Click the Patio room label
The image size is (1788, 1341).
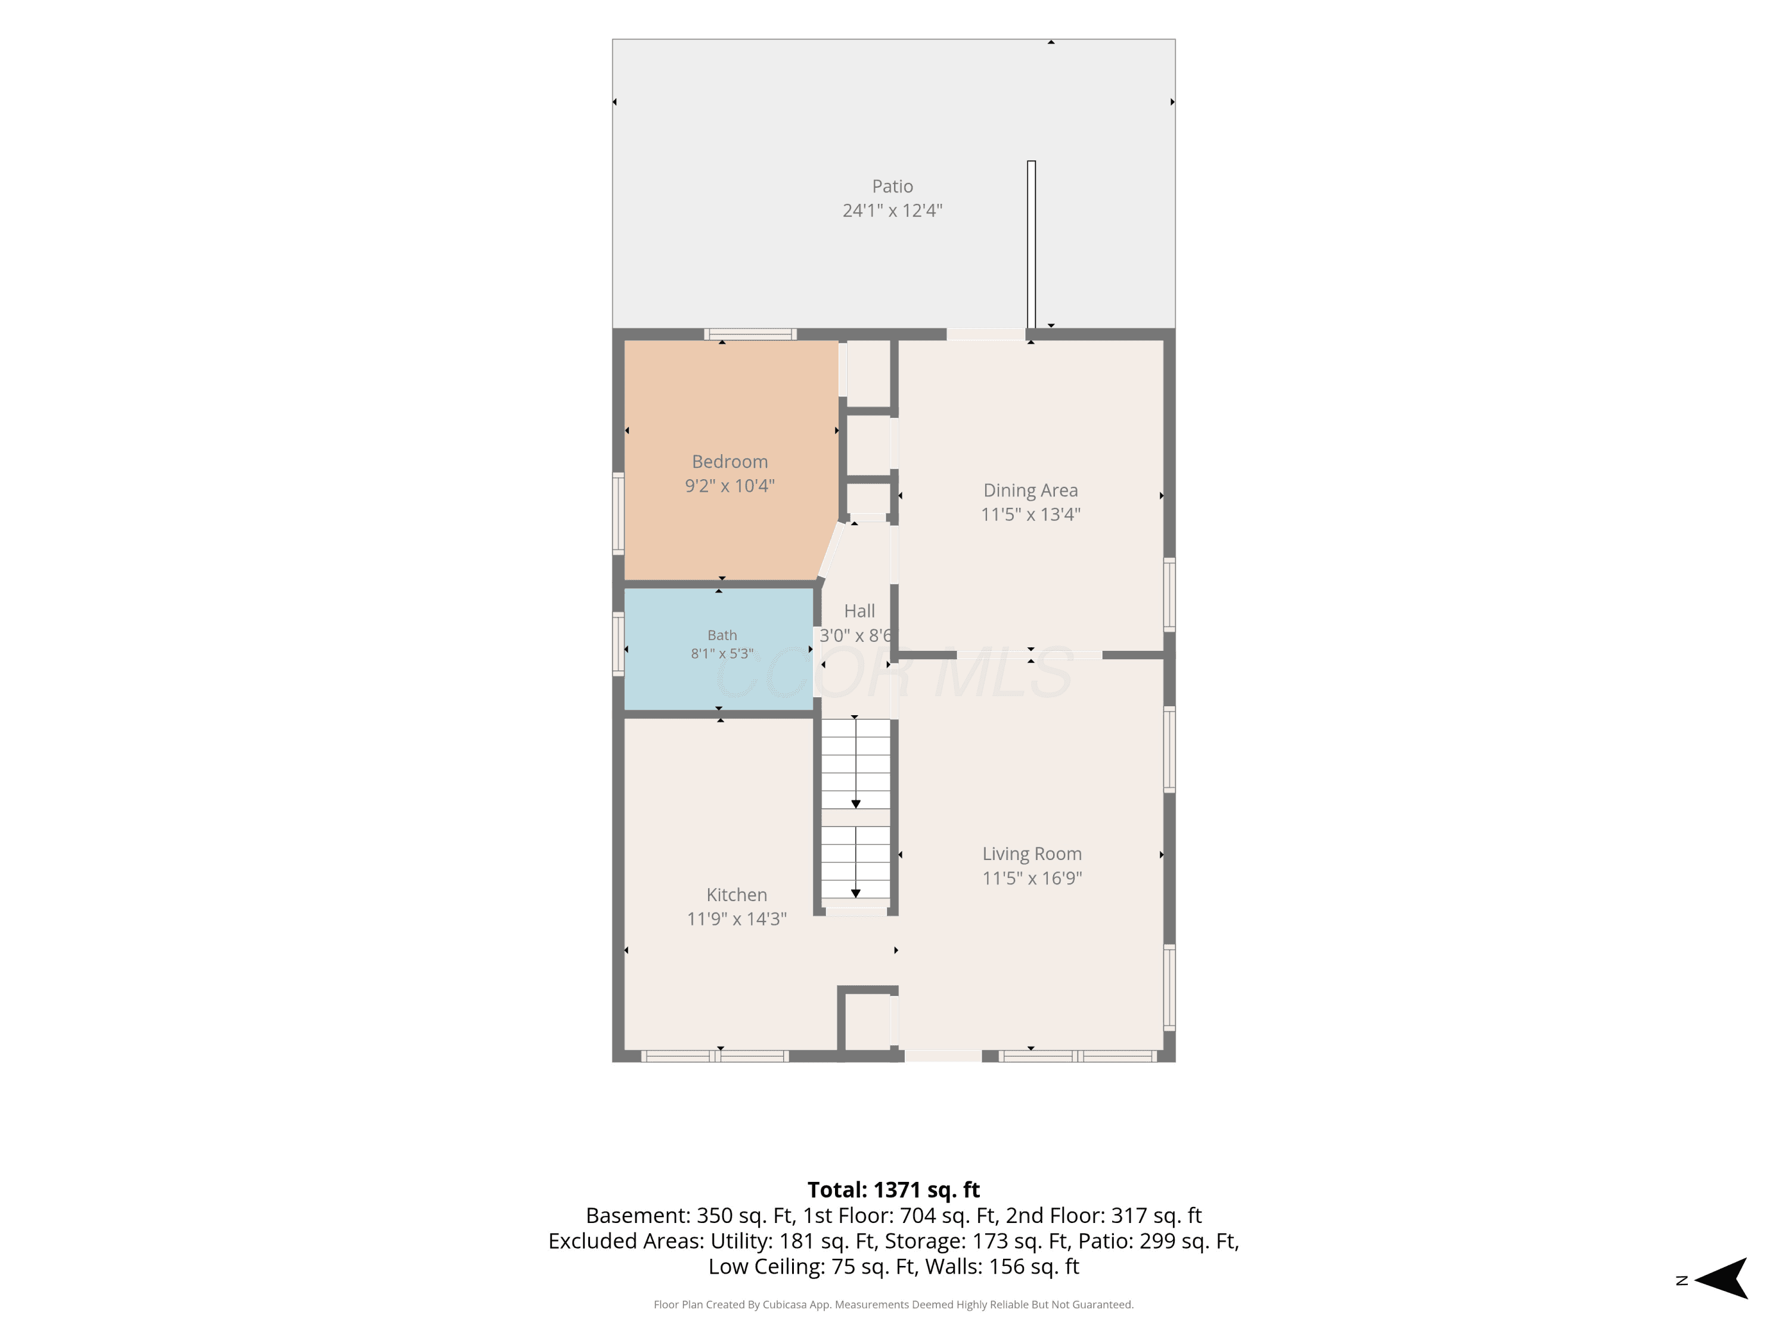892,186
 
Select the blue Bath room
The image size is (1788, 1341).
719,649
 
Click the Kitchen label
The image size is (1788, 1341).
737,895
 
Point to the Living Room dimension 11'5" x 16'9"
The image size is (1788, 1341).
1032,878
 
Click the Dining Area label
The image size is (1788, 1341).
1030,490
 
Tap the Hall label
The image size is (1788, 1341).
859,611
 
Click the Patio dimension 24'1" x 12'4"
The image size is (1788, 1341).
892,211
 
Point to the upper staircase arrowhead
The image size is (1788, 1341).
855,803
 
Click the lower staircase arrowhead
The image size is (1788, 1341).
855,893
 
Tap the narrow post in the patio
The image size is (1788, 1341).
1032,244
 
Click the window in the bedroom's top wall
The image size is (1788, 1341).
750,334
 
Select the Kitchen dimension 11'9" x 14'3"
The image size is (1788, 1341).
737,919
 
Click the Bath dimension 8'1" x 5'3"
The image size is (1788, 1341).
722,653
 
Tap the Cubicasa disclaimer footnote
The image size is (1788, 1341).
893,1304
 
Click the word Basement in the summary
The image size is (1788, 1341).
636,1216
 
